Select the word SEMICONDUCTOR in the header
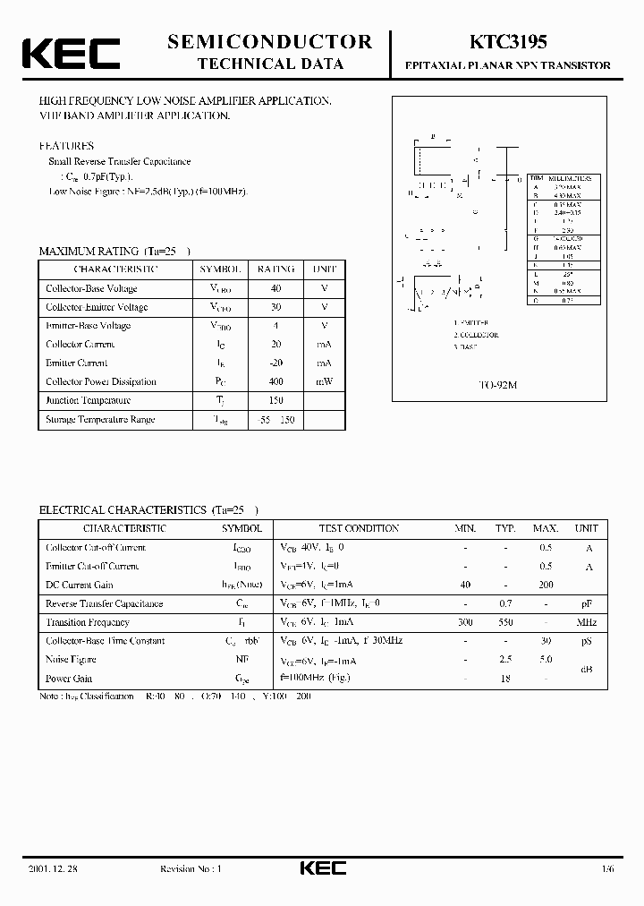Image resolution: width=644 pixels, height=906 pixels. click(269, 41)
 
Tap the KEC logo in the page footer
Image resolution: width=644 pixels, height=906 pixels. click(321, 868)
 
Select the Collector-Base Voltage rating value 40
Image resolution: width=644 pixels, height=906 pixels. click(275, 288)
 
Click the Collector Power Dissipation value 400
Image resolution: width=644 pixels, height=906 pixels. click(275, 381)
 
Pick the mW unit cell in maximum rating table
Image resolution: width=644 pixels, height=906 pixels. click(324, 381)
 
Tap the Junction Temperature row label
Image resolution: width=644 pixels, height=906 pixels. click(89, 400)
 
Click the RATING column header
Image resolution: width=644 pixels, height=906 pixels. click(275, 269)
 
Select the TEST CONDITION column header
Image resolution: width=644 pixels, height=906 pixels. click(359, 528)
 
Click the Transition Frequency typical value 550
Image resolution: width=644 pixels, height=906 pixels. click(505, 622)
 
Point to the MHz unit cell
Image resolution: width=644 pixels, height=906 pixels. click(587, 622)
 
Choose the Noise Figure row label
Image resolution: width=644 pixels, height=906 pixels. click(70, 660)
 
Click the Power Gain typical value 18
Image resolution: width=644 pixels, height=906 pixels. click(505, 679)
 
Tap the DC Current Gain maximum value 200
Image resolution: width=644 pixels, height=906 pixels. click(545, 585)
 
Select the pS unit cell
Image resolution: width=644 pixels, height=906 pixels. click(587, 641)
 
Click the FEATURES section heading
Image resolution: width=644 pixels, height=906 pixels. click(67, 145)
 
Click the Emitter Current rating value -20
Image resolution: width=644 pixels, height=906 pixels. click(275, 363)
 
